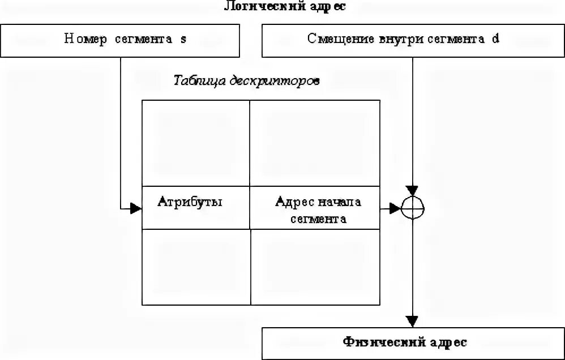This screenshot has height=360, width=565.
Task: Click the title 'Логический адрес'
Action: pyautogui.click(x=284, y=7)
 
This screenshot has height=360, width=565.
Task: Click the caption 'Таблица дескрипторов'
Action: pyautogui.click(x=247, y=80)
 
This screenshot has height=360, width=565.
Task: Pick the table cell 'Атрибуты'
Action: pyautogui.click(x=195, y=207)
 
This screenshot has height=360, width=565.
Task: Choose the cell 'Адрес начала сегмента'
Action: pyautogui.click(x=315, y=207)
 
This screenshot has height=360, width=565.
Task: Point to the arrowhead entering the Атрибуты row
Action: pyautogui.click(x=136, y=209)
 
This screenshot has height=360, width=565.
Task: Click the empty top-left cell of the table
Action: pyautogui.click(x=195, y=143)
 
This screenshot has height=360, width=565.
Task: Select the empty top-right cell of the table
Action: pyautogui.click(x=315, y=143)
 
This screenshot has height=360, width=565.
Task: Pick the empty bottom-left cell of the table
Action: pyautogui.click(x=195, y=267)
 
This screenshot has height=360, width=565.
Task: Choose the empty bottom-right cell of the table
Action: pyautogui.click(x=315, y=267)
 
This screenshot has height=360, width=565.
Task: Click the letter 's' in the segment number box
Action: pyautogui.click(x=183, y=39)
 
